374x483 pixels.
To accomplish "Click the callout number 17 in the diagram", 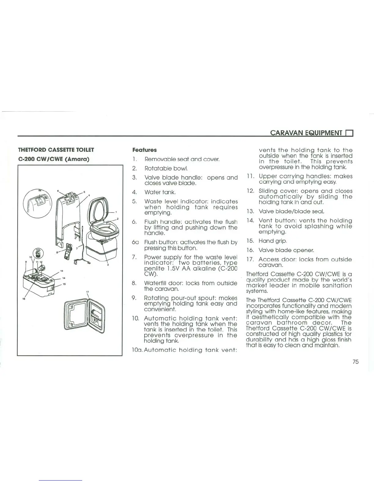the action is coord(87,292).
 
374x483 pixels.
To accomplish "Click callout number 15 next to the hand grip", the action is coord(64,284).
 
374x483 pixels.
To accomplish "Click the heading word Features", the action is coord(144,150).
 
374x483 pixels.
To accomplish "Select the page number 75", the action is coord(355,362).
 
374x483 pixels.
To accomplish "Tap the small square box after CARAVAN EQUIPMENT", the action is coord(349,133).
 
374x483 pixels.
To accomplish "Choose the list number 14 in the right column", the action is coord(250,220).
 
